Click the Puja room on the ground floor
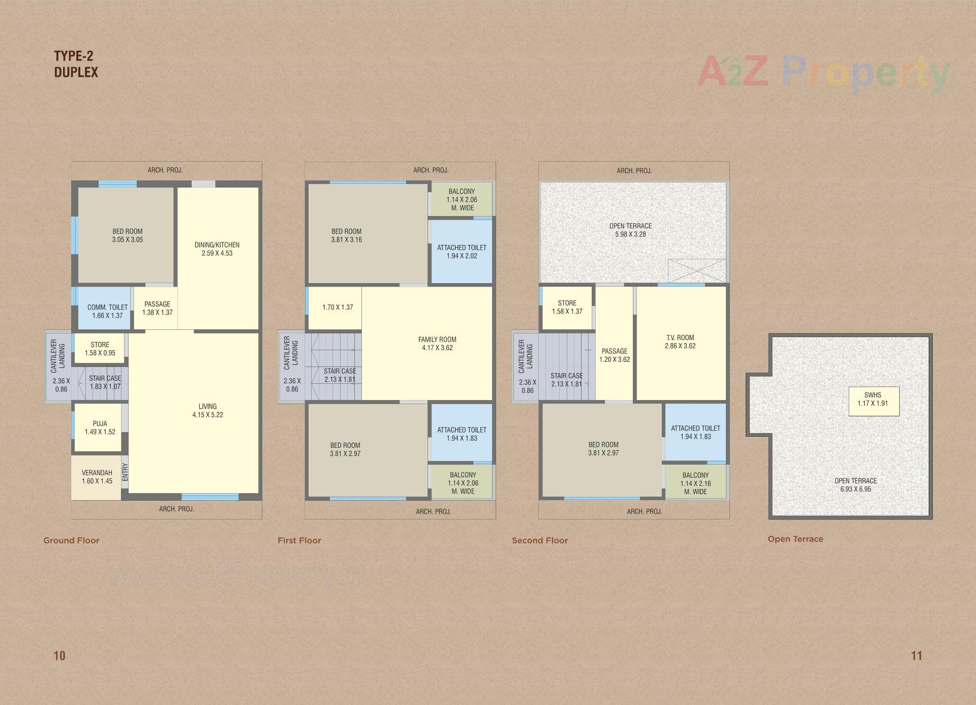point(100,427)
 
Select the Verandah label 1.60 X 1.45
point(97,477)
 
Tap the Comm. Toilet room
point(107,311)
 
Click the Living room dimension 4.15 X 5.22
point(207,415)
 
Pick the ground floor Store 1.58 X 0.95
point(100,349)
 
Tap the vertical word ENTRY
point(125,472)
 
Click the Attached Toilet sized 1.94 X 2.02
point(462,252)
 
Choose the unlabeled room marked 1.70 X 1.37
point(338,308)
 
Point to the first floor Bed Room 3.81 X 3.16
point(347,235)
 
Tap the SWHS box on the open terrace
point(873,400)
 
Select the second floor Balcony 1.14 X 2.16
point(695,483)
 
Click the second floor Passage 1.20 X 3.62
point(615,355)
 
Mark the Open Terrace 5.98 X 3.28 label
point(630,230)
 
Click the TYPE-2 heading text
point(74,56)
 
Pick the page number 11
point(917,656)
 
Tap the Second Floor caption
point(540,540)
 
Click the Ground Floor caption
point(71,540)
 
